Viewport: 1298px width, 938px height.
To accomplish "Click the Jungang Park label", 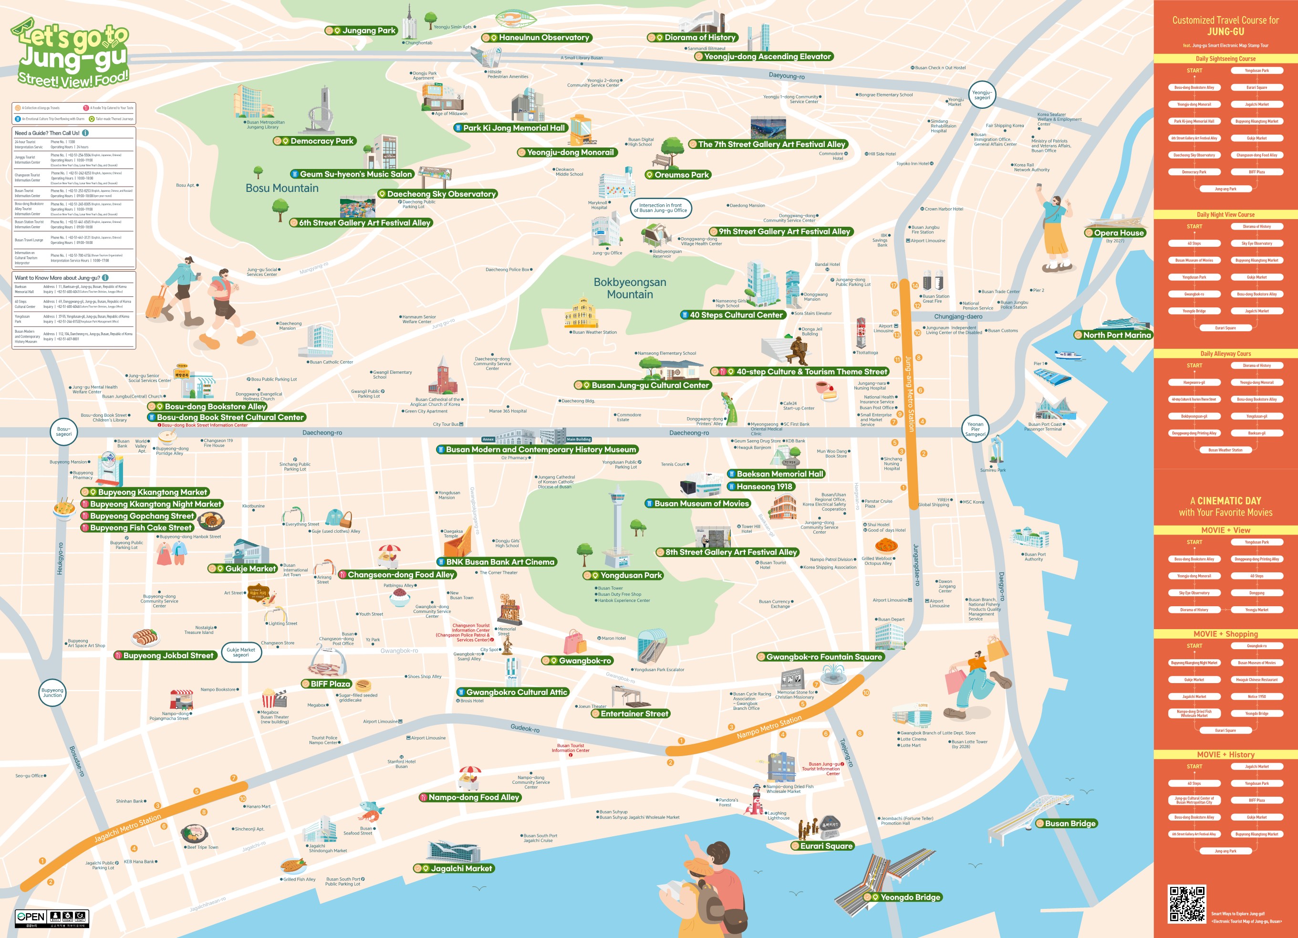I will click(x=361, y=31).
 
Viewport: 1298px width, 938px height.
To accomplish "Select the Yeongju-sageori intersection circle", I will click(x=982, y=95).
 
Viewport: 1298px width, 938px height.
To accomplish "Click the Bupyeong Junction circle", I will click(x=52, y=692).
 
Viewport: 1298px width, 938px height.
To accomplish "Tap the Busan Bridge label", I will click(x=1066, y=823).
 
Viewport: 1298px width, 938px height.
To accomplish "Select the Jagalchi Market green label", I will click(x=455, y=868).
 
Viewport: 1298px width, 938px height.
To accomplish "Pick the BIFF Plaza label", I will click(x=327, y=684).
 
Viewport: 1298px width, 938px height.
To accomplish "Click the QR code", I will click(x=1186, y=904).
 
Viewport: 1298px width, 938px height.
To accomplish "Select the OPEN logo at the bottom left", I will click(x=31, y=917).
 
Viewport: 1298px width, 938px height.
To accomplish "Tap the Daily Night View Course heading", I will click(x=1225, y=215).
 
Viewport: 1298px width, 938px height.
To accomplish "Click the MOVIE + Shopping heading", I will click(x=1225, y=634).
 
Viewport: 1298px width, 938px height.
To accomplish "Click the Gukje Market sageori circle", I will click(x=241, y=652).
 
